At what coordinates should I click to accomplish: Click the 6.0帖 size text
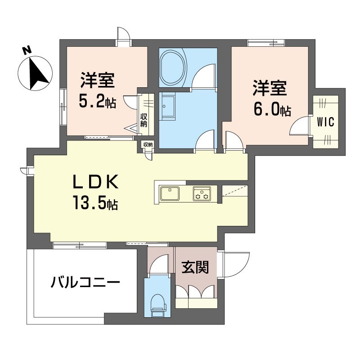(x=271, y=109)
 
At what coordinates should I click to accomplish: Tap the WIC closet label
(x=325, y=122)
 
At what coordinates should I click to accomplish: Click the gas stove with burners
(x=201, y=193)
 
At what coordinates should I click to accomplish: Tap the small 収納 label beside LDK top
(x=148, y=144)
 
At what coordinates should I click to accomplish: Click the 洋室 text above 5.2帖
(x=97, y=81)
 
